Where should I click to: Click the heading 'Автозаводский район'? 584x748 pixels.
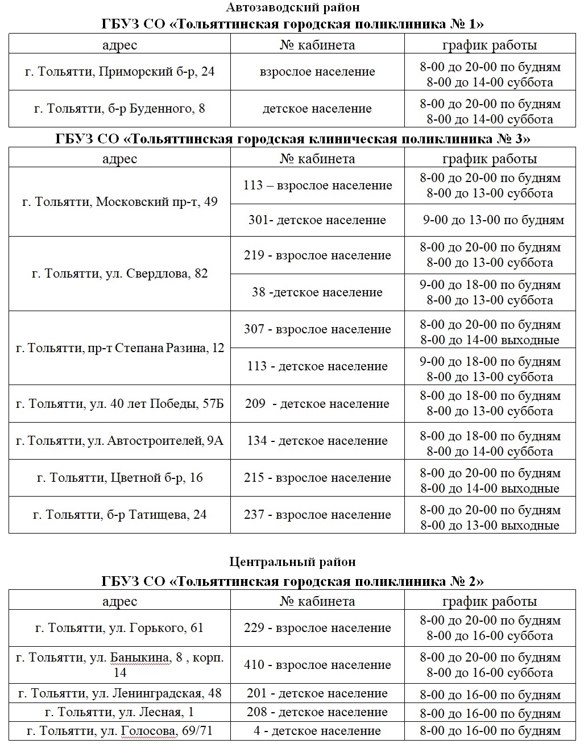click(x=292, y=7)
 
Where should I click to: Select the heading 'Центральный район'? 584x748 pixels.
click(x=292, y=562)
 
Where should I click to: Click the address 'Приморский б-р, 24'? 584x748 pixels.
click(x=119, y=72)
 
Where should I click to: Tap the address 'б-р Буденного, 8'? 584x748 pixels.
click(x=119, y=109)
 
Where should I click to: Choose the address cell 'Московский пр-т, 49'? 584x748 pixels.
click(x=119, y=202)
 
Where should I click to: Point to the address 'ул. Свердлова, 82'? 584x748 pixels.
click(x=119, y=274)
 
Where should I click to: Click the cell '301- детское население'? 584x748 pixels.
click(x=317, y=220)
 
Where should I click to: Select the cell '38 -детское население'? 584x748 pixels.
click(x=317, y=292)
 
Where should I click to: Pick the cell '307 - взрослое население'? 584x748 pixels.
click(x=317, y=329)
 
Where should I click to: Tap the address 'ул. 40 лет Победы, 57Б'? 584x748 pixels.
click(x=119, y=404)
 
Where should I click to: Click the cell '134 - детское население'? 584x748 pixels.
click(x=317, y=441)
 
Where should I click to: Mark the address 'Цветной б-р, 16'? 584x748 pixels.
click(x=119, y=478)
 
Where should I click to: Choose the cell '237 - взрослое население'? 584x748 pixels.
click(x=317, y=515)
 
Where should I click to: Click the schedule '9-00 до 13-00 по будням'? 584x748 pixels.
click(x=493, y=220)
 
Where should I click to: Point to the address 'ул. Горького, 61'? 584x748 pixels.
click(x=119, y=628)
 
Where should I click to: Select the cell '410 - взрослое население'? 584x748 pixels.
click(x=317, y=665)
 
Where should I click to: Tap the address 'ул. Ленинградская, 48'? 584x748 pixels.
click(x=119, y=694)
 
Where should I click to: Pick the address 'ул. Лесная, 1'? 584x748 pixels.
click(x=119, y=712)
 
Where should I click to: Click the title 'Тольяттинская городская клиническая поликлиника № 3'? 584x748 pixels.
click(x=292, y=139)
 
